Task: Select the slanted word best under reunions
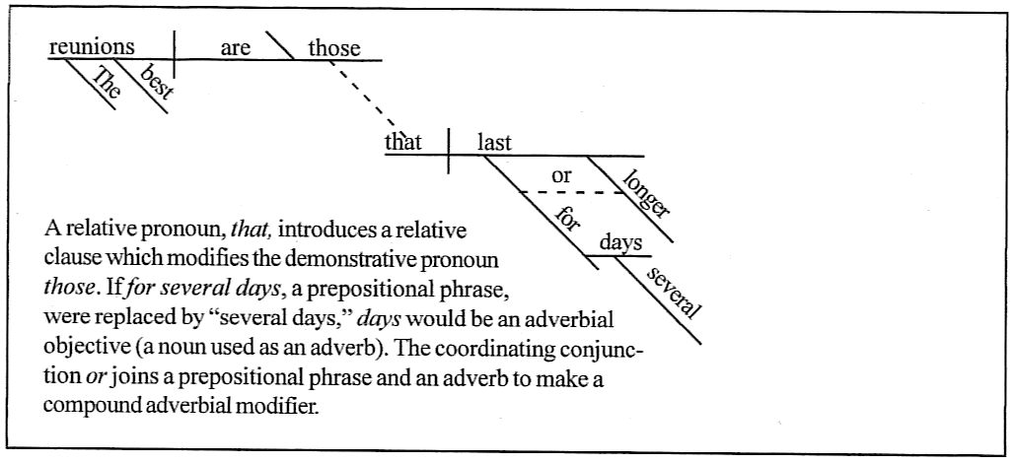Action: [157, 83]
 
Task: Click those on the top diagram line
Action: [334, 47]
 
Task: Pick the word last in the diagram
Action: [494, 143]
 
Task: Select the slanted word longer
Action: [647, 191]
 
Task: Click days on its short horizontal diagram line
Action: [621, 242]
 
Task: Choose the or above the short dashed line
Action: [561, 176]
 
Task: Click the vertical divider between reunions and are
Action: [174, 54]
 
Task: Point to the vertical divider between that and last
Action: [449, 151]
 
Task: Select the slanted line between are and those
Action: [280, 45]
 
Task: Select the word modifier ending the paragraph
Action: [287, 406]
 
